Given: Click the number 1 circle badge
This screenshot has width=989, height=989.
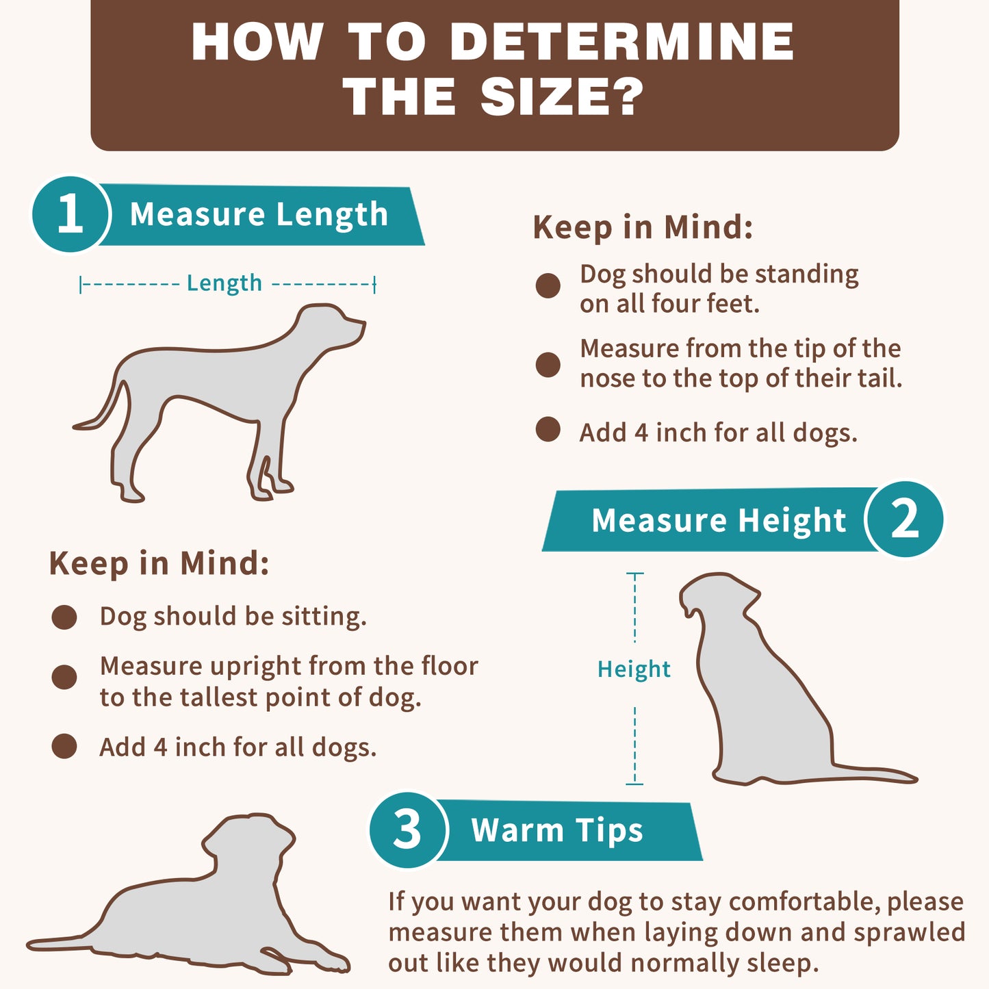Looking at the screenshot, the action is pos(70,214).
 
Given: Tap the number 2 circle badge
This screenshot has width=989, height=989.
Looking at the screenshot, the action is pos(904,519).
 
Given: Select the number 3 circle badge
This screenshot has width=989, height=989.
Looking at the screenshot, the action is pos(408,830).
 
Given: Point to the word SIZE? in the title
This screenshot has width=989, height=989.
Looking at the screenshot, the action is pos(561,97).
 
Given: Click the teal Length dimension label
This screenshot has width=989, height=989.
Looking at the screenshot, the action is pos(224,283).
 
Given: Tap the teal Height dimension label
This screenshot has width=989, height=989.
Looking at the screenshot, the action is pos(634,669).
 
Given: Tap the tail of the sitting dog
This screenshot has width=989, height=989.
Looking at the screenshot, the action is pos(873,773).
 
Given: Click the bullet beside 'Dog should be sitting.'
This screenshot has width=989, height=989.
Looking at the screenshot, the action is pos(64,617).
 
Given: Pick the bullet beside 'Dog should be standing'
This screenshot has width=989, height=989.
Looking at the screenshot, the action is pos(548,285).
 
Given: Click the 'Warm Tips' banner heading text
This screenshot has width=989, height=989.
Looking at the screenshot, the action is pos(557,830).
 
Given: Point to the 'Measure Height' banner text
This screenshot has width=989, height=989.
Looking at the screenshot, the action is pos(719,520).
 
